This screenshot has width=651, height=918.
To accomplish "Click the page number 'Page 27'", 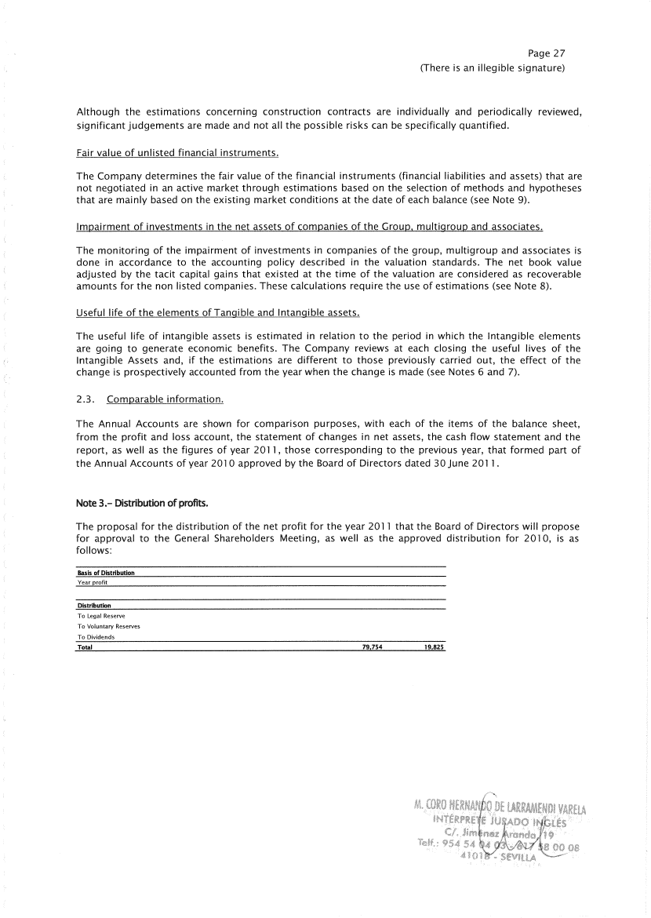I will click(547, 53).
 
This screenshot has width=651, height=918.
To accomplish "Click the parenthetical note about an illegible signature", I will click(493, 68).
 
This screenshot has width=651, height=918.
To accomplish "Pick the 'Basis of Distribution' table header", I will click(106, 573).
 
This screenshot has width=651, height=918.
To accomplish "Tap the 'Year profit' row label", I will click(92, 582).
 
